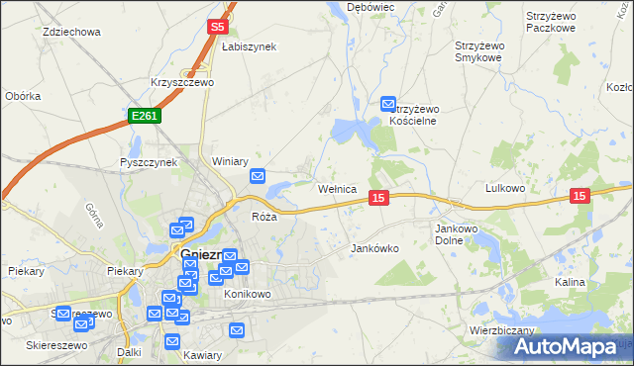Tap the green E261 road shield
click(144, 116)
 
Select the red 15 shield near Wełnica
click(377, 199)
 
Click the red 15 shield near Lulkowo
click(581, 197)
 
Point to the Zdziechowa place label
click(72, 32)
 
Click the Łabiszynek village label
click(248, 46)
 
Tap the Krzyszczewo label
click(182, 83)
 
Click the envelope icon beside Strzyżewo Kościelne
click(388, 103)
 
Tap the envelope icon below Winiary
click(258, 177)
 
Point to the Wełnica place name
click(337, 189)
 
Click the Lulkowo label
click(504, 187)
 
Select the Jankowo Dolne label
click(458, 234)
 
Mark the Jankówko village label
click(375, 248)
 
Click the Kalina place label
click(570, 282)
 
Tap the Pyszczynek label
click(148, 162)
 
